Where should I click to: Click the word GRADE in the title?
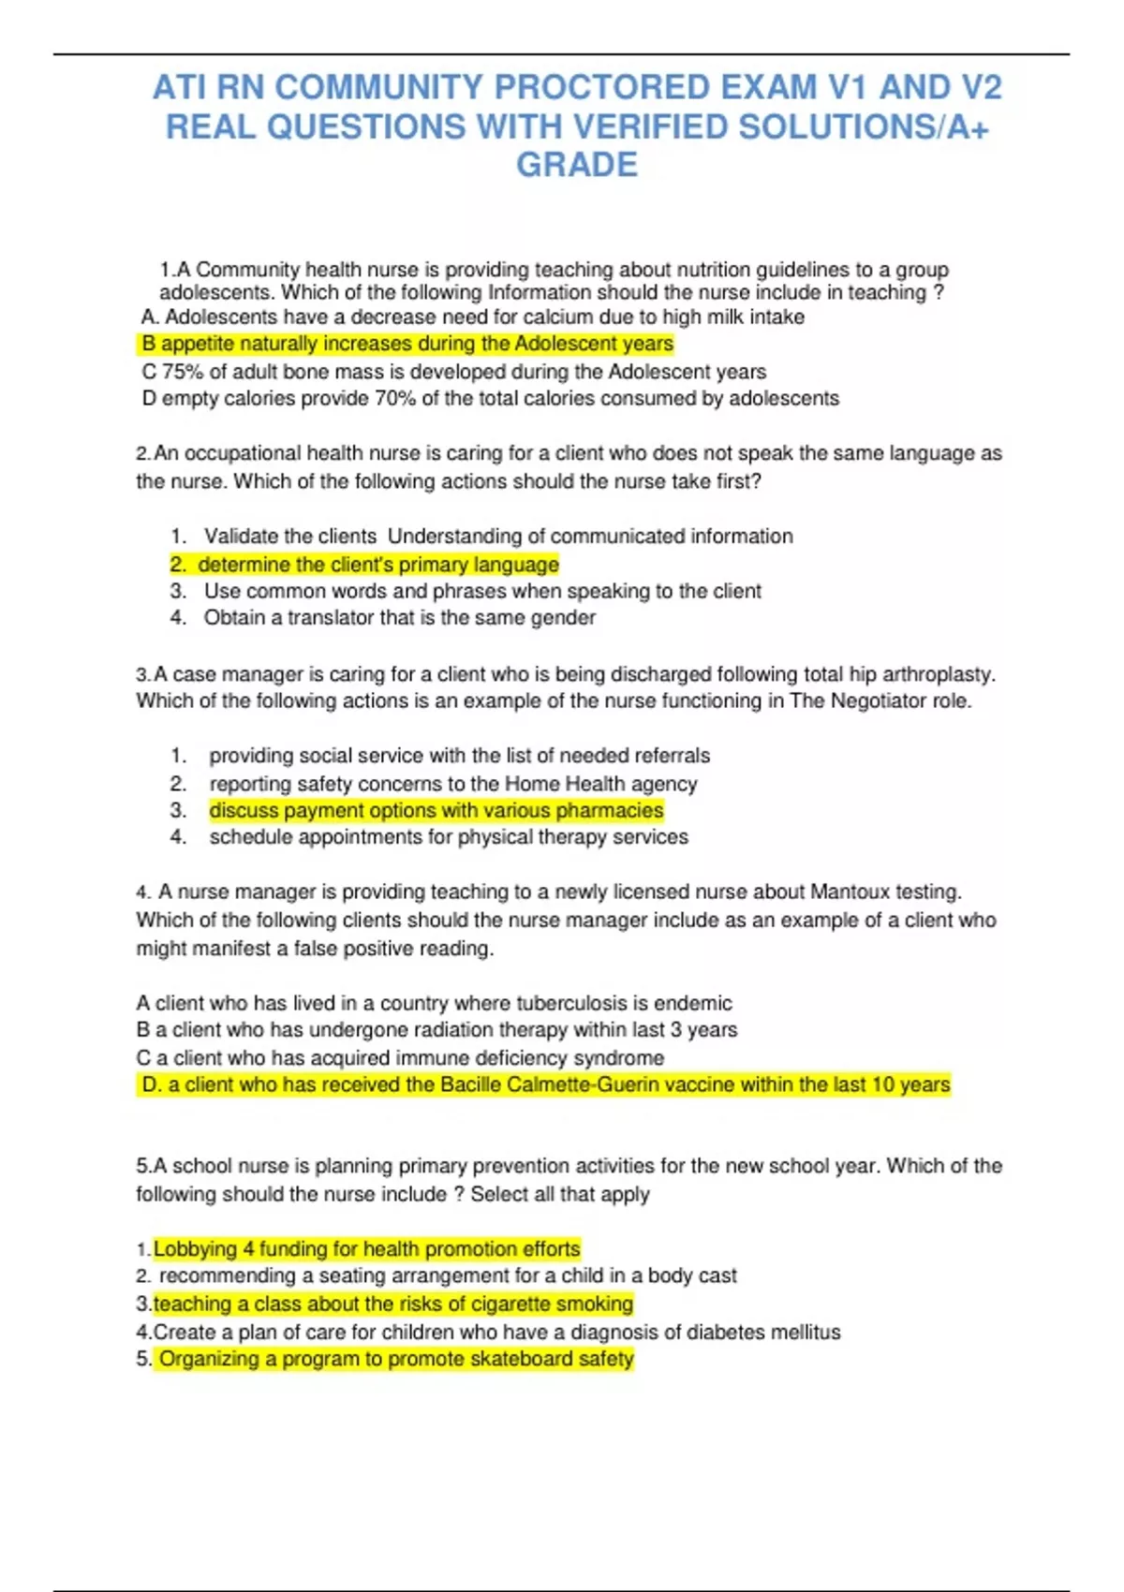point(577,165)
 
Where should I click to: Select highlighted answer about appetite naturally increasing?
point(407,344)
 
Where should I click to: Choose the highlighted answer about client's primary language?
point(377,565)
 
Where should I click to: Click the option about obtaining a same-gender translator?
point(399,618)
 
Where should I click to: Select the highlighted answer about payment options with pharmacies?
point(436,810)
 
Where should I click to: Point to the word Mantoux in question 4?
point(850,892)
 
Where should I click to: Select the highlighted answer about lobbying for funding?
point(366,1249)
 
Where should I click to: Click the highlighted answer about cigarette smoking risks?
point(392,1304)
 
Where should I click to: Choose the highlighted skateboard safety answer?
point(396,1359)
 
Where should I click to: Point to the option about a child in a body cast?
point(447,1275)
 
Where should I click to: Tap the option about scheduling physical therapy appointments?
point(448,837)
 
